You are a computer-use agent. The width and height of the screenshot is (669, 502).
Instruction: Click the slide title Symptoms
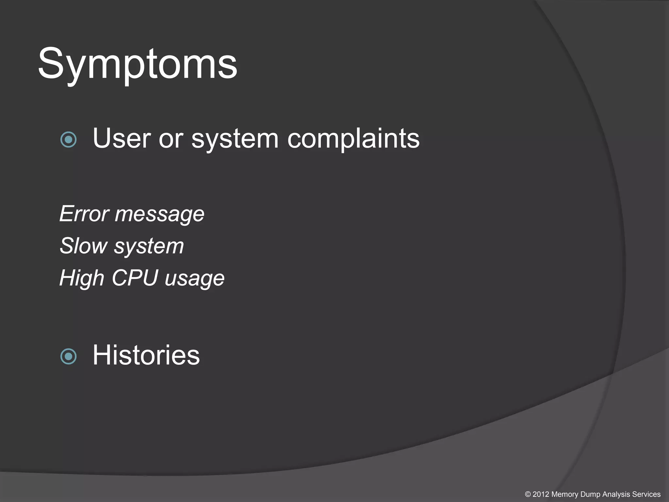pyautogui.click(x=137, y=64)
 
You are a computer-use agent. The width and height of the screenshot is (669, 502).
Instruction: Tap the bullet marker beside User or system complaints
pyautogui.click(x=69, y=140)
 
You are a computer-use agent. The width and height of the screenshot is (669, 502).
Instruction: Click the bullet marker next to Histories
pyautogui.click(x=69, y=356)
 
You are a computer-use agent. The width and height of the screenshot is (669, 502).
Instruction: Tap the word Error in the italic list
pyautogui.click(x=84, y=214)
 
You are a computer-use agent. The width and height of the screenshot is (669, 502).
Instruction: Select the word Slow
pyautogui.click(x=84, y=246)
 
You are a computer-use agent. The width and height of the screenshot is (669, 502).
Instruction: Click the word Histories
pyautogui.click(x=146, y=355)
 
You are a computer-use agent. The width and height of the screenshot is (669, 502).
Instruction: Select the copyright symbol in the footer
pyautogui.click(x=528, y=494)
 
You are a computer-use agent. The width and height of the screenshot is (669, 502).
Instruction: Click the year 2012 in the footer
pyautogui.click(x=541, y=494)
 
